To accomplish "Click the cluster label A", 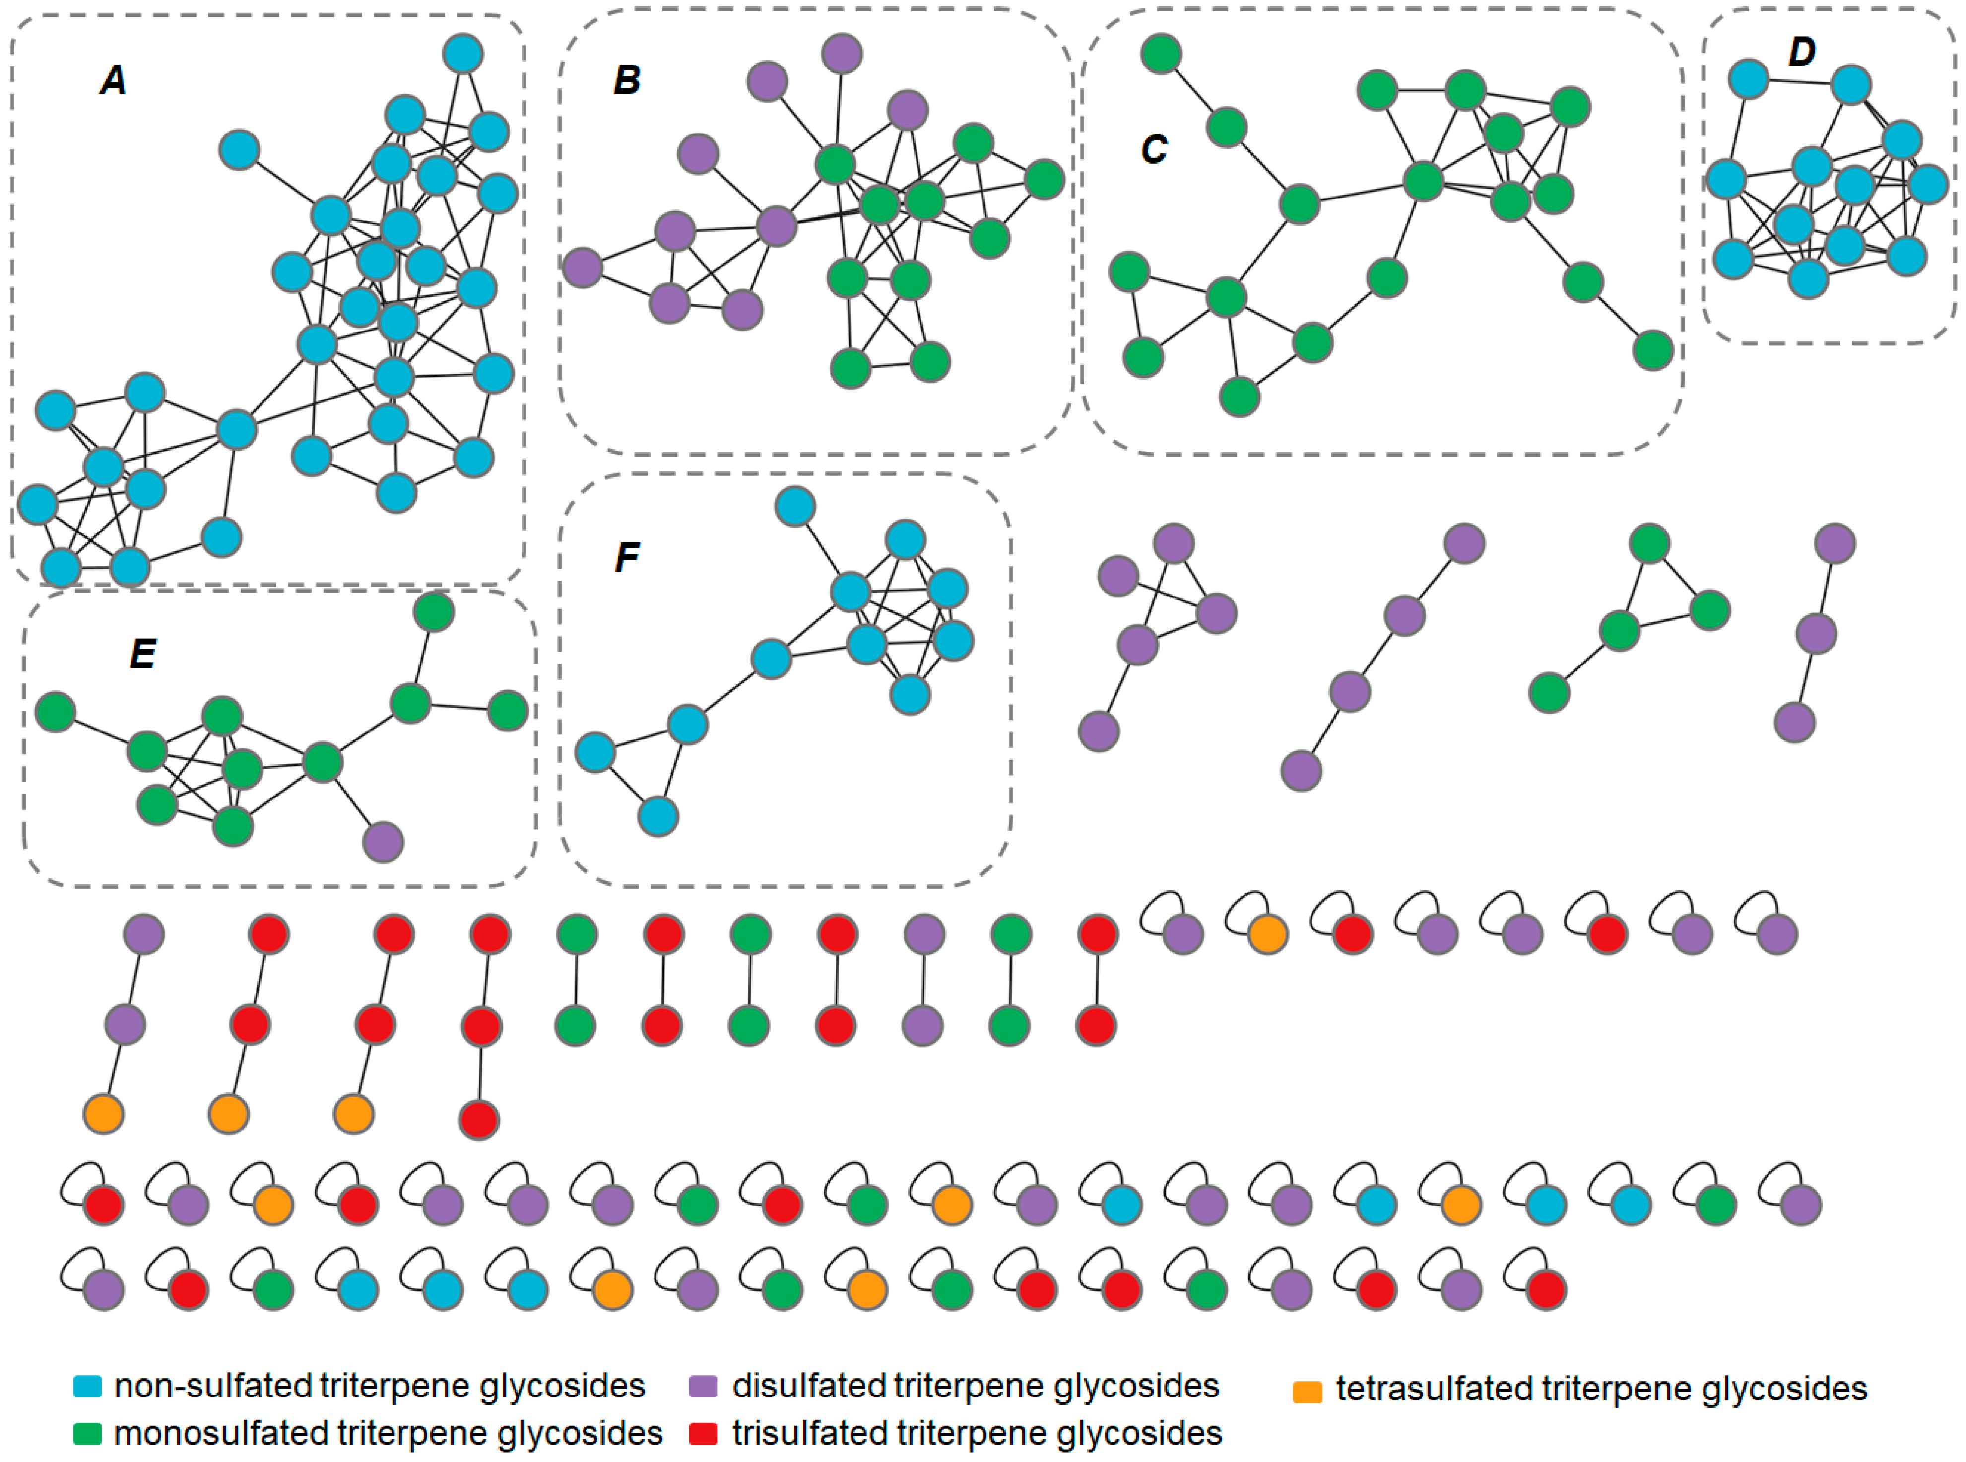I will pyautogui.click(x=112, y=80).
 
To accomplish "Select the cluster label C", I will pyautogui.click(x=1154, y=149).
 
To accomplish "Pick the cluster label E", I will pyautogui.click(x=142, y=654).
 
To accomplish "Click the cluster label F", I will pyautogui.click(x=627, y=557).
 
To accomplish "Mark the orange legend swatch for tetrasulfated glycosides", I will pyautogui.click(x=1308, y=1391).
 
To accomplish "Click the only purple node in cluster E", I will pyautogui.click(x=383, y=842).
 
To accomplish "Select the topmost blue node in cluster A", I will pyautogui.click(x=463, y=53).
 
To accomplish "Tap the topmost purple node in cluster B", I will pyautogui.click(x=842, y=53).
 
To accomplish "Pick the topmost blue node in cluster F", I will pyautogui.click(x=794, y=506).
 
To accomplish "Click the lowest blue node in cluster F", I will pyautogui.click(x=657, y=816).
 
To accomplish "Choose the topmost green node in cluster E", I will pyautogui.click(x=434, y=611).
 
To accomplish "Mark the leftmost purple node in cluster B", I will pyautogui.click(x=582, y=267).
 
